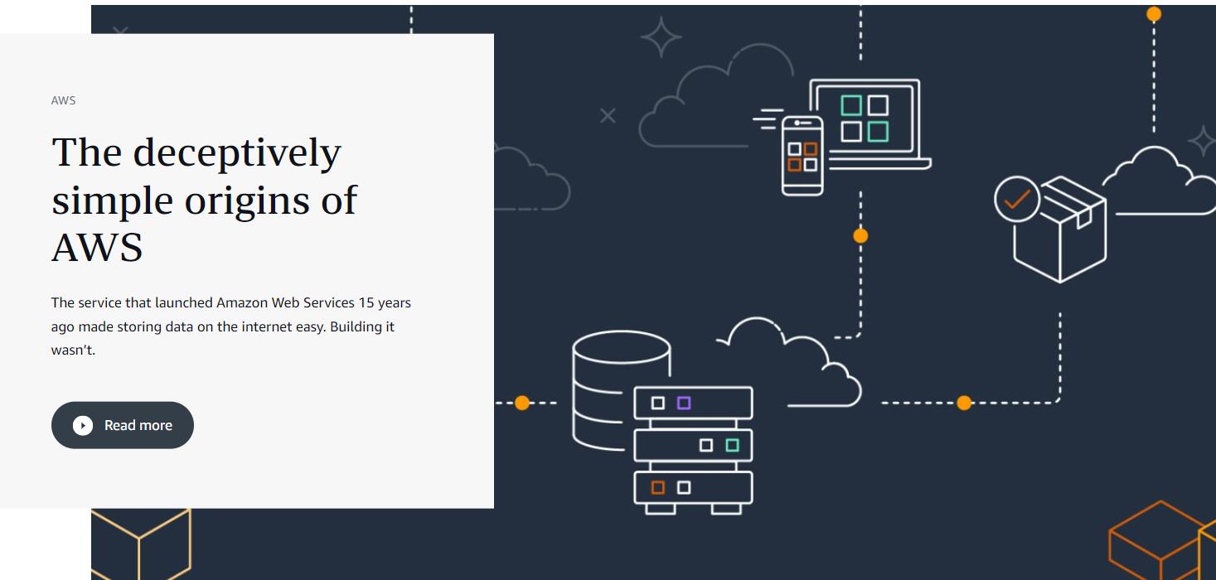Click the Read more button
(x=122, y=425)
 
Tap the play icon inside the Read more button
(x=83, y=425)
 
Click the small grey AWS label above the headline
(x=64, y=100)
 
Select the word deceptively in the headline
(x=237, y=153)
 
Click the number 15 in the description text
(x=366, y=302)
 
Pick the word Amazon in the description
(x=241, y=302)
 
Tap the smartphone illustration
(x=802, y=156)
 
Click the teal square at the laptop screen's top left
(x=851, y=105)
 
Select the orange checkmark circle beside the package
(x=1017, y=199)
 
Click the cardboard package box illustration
(x=1059, y=229)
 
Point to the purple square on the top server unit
(x=684, y=404)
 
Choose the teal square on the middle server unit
(x=732, y=446)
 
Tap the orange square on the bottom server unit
(x=658, y=488)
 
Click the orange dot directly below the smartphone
(x=860, y=235)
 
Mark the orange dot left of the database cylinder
(x=522, y=404)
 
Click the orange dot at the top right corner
(x=1154, y=14)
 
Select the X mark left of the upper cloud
(x=608, y=115)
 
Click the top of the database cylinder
(x=622, y=347)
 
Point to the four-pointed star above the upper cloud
(x=661, y=37)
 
